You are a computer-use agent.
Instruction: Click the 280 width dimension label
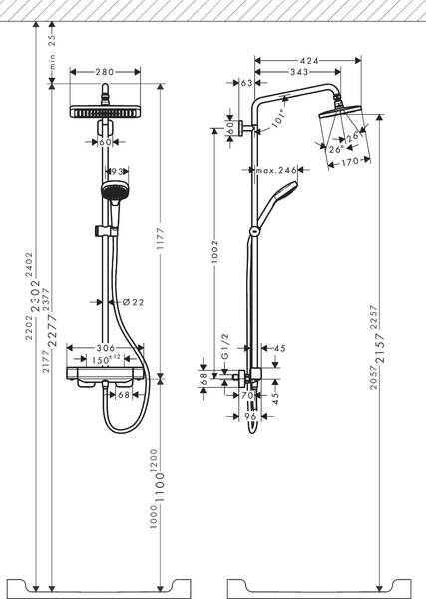[107, 71]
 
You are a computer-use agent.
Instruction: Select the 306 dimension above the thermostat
[107, 348]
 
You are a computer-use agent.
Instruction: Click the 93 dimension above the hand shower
[116, 172]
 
